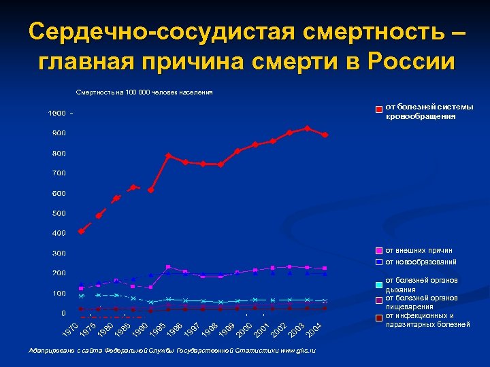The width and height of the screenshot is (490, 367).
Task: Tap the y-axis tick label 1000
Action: [x=56, y=113]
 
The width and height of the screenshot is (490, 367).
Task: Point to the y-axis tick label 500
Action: [x=59, y=213]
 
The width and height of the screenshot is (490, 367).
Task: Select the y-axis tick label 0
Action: [x=63, y=313]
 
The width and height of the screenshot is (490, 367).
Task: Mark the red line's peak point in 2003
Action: [x=308, y=128]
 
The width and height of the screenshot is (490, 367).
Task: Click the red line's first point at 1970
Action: [x=82, y=231]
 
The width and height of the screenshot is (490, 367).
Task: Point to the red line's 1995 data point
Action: [x=168, y=156]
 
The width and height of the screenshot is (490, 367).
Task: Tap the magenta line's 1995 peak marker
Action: [x=168, y=266]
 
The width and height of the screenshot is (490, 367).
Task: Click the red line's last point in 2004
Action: [x=325, y=135]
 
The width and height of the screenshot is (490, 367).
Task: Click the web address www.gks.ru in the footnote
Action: [x=298, y=349]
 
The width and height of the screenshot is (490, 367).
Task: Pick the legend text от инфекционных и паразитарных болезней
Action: [x=428, y=319]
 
